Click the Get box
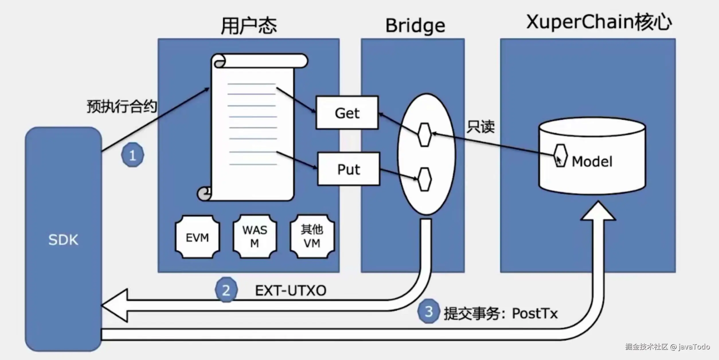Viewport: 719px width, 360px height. (347, 113)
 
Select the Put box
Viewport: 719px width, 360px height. (349, 169)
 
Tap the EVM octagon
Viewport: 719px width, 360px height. (197, 237)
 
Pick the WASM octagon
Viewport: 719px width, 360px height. (255, 236)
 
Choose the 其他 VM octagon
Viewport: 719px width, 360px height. (312, 236)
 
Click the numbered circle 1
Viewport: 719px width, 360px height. (132, 155)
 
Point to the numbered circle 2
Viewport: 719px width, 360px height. (226, 290)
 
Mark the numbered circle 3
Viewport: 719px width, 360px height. (428, 311)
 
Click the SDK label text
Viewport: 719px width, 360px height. (63, 240)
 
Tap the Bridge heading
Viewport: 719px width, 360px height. (415, 26)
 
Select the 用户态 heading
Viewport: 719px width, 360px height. (249, 26)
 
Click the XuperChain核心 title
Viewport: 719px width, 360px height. (599, 22)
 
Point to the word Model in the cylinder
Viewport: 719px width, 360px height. (592, 161)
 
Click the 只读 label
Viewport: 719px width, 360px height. (481, 127)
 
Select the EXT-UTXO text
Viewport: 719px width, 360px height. (291, 291)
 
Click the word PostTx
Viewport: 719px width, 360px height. (535, 313)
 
